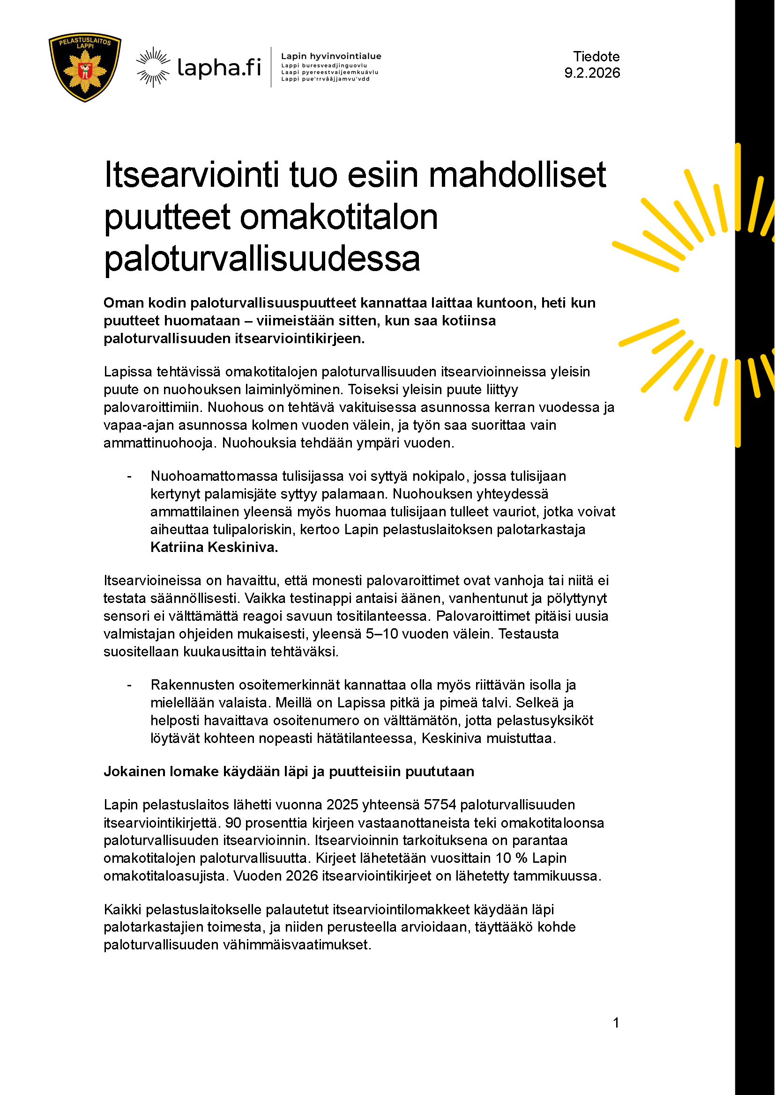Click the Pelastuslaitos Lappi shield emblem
(85, 67)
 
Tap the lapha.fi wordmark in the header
(219, 67)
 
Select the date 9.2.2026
(592, 73)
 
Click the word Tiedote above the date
(596, 57)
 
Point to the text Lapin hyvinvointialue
(331, 56)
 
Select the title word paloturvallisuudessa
(262, 259)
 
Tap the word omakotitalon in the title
(338, 217)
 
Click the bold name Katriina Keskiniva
(214, 547)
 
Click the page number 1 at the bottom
(616, 1022)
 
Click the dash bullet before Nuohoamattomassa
(129, 477)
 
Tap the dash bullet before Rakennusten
(129, 685)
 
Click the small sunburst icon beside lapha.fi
(153, 67)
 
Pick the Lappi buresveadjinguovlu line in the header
(324, 66)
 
